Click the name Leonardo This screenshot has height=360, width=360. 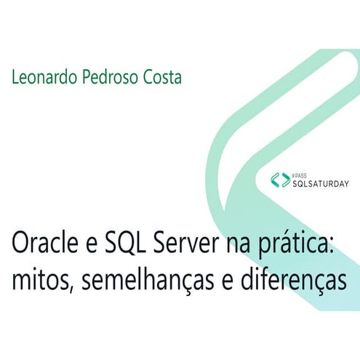(41, 76)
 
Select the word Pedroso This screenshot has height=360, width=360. (106, 76)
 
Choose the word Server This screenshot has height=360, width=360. (193, 247)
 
